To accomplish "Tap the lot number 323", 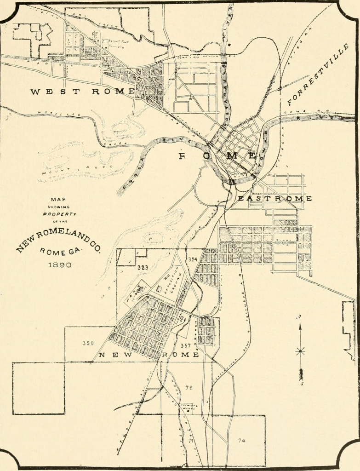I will coord(143,267).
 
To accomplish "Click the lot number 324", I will coord(193,259).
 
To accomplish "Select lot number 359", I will coord(88,343).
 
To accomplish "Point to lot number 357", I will coord(186,345).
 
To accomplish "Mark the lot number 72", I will coord(189,388).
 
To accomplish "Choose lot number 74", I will coord(242,441).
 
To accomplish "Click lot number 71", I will coord(190,441).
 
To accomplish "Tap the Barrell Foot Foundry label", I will coord(118,43).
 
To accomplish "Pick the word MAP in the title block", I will coord(58,199).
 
